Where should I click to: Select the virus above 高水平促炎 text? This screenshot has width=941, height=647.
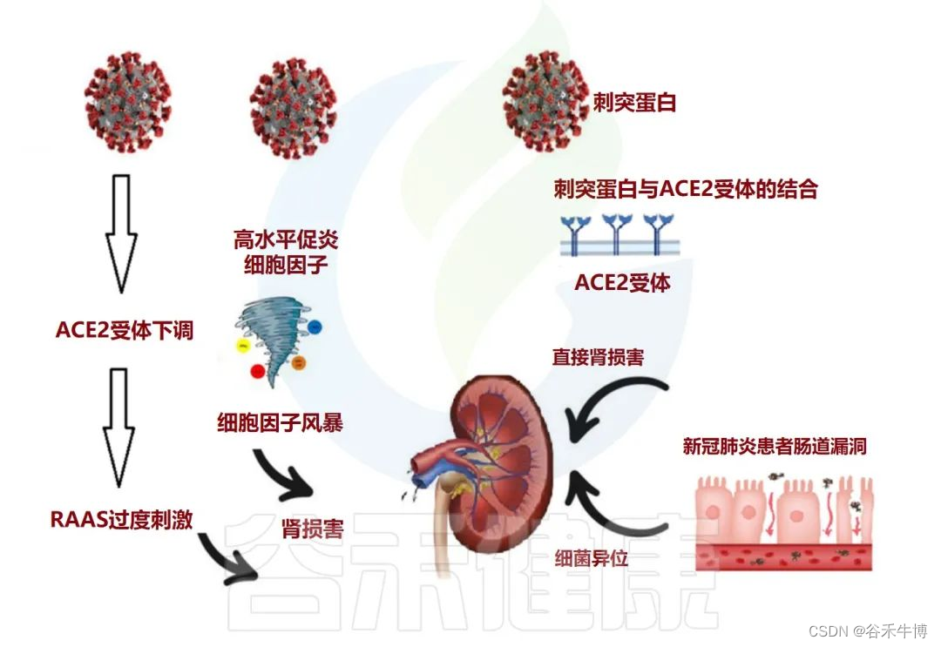point(292,102)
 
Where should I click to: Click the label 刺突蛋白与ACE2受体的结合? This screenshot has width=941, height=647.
point(685,189)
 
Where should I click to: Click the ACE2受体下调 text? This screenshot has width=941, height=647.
point(124,331)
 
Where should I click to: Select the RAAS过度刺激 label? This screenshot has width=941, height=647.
point(121,520)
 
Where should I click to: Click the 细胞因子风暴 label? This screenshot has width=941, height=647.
point(280,424)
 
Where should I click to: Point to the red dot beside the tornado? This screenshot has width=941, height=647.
point(257,372)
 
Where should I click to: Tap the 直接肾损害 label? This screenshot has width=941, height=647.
point(597,357)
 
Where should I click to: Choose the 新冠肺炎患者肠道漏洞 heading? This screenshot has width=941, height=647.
point(775,448)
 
